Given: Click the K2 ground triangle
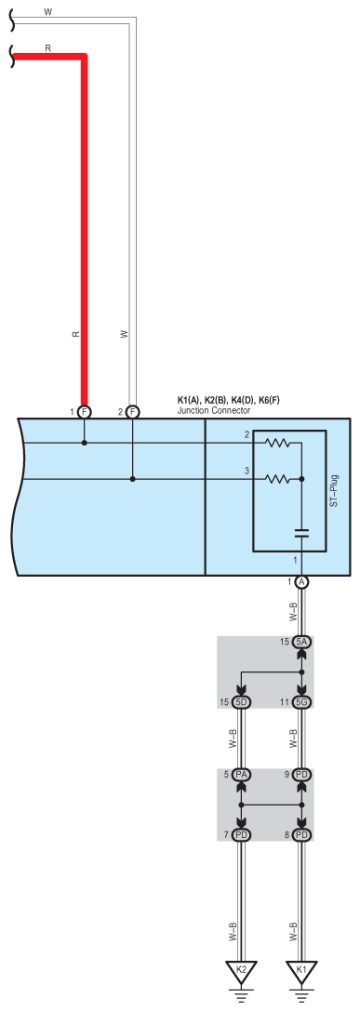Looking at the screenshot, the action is point(241,969).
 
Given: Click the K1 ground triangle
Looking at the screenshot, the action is point(301,969).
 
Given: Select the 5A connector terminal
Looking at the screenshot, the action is point(302,642).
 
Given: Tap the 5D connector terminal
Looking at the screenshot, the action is point(241,702).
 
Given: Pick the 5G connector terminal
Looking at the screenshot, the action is point(302,702).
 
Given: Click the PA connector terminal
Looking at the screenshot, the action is point(241,774).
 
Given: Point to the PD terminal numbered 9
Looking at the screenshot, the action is point(302,774).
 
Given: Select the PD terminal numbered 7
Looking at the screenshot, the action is point(241,835).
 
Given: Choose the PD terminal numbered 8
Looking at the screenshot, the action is point(302,835).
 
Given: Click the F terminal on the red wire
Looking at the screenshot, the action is point(84,411).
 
